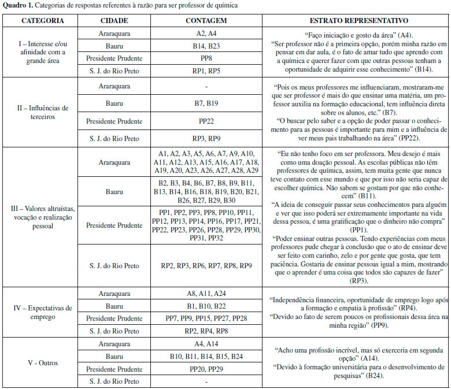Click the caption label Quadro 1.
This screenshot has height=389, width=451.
[x=19, y=5]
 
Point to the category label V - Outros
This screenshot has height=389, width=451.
[x=43, y=362]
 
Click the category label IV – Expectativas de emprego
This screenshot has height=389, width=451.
[x=43, y=312]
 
